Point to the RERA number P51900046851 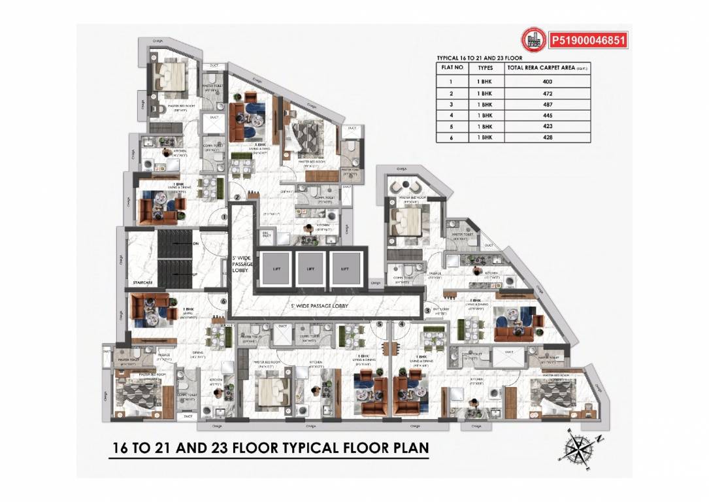[x=589, y=41]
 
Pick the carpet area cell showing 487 [x=547, y=105]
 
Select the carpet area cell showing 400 [x=547, y=82]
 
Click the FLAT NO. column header [x=452, y=67]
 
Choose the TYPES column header [x=485, y=67]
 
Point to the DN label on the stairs [x=195, y=244]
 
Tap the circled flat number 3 [x=427, y=310]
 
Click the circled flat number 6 [x=223, y=301]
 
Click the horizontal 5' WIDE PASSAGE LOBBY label [x=320, y=306]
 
